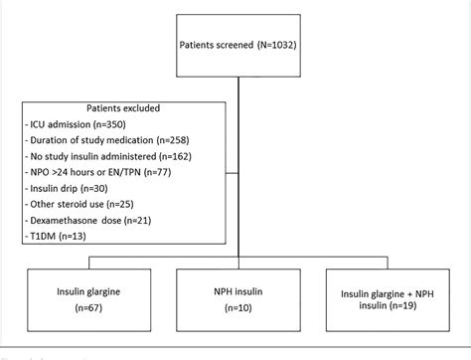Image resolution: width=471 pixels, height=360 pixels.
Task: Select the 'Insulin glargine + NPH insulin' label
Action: coord(392,294)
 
